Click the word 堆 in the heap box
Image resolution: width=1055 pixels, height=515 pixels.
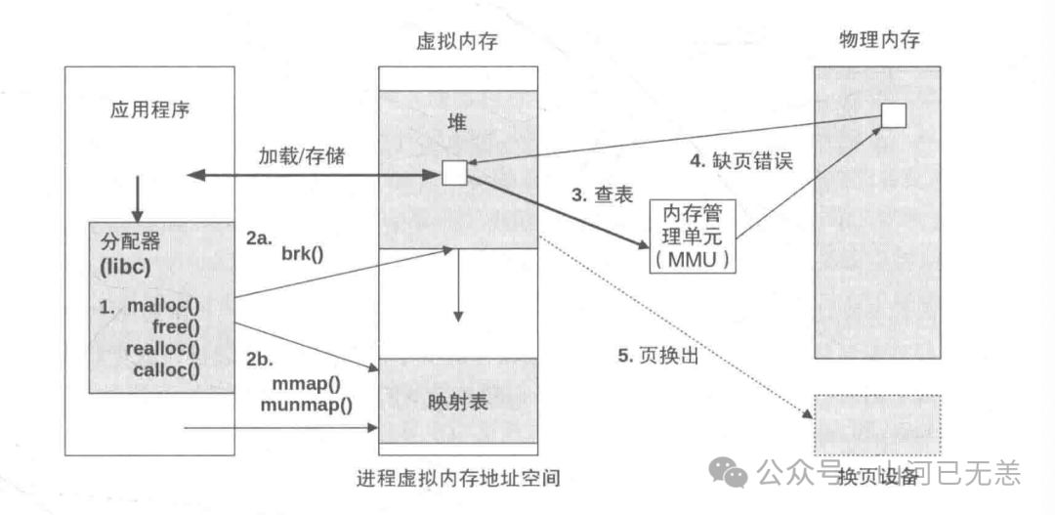coord(459,118)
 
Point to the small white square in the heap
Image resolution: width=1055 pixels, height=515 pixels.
coord(454,173)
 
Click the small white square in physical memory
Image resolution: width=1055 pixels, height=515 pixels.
coord(893,115)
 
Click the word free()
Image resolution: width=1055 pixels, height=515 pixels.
coord(177,326)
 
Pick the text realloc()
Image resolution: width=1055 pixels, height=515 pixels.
coord(162,348)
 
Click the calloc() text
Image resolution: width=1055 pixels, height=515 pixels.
coord(166,369)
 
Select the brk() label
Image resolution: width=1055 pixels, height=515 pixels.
coord(302,255)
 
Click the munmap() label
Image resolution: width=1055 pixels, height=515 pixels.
coord(307,402)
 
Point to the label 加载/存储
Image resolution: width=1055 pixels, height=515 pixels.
coord(301,156)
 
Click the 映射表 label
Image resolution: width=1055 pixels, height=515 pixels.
coord(458,401)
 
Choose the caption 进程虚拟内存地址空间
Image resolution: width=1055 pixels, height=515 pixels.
coord(459,478)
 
